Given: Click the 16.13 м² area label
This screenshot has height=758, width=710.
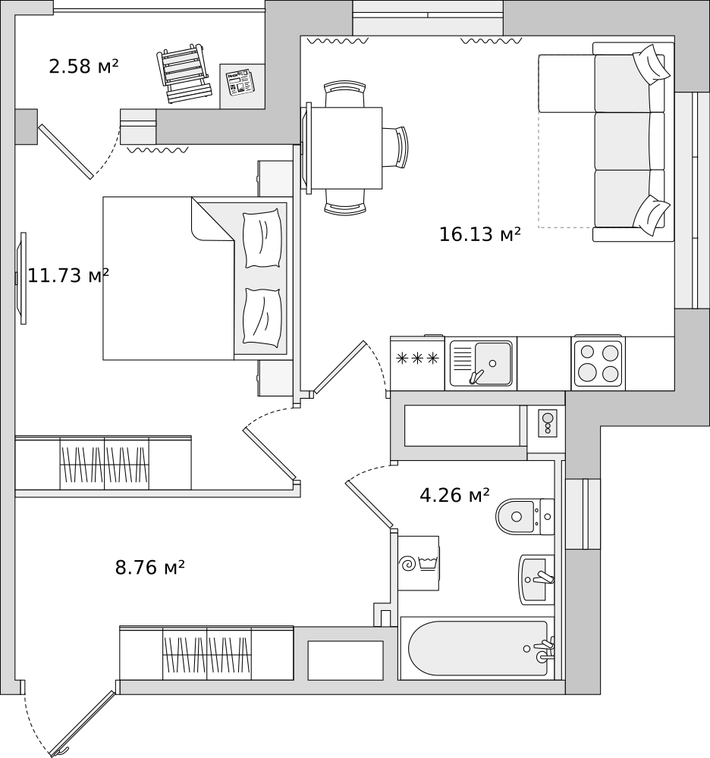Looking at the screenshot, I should click(x=479, y=234).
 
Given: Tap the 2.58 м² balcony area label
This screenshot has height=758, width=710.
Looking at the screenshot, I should click(x=83, y=67).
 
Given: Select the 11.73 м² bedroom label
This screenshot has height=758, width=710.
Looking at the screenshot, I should click(x=68, y=275).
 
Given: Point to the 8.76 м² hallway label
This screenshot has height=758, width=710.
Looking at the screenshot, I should click(x=150, y=567).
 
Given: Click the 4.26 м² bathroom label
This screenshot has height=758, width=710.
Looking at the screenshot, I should click(x=454, y=496).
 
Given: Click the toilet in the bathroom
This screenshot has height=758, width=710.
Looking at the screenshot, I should click(x=524, y=517).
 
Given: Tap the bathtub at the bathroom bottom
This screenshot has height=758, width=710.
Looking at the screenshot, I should click(x=478, y=648).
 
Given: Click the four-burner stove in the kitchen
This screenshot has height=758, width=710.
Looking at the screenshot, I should click(x=598, y=363).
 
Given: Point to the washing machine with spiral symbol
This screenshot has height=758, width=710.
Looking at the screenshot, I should click(x=418, y=563).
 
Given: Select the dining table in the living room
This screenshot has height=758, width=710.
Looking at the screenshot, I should click(x=345, y=148).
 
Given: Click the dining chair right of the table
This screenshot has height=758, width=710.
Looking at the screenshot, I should click(x=397, y=147).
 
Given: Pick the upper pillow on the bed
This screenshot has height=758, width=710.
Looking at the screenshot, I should click(x=262, y=239).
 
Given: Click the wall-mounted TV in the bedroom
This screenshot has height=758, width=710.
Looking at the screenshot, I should click(x=22, y=278).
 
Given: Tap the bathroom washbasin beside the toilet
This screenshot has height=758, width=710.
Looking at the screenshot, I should click(x=536, y=579).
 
